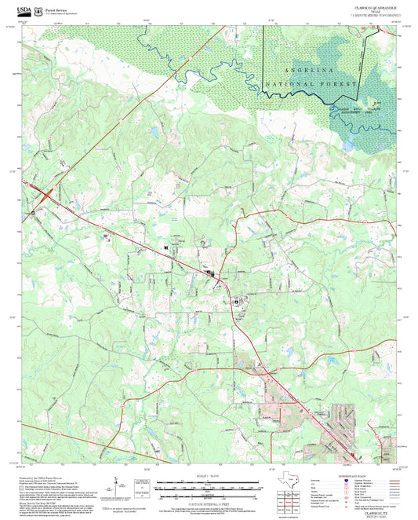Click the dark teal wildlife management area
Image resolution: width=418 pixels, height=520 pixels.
point(365,110)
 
